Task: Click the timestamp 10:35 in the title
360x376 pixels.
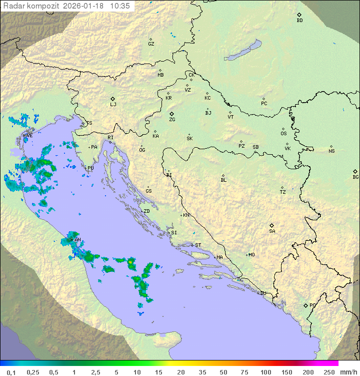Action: pos(120,6)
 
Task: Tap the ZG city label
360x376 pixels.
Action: pos(172,120)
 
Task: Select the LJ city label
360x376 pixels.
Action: pos(113,105)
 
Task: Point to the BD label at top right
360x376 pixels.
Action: pos(299,21)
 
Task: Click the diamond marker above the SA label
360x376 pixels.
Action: pos(272,225)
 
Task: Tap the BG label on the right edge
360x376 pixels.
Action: pos(355,177)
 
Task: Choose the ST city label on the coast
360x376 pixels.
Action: pos(198,245)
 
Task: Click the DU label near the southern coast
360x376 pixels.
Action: pos(263,293)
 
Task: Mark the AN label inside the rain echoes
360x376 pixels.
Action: pos(77,240)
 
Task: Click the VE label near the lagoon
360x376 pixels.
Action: pos(29,136)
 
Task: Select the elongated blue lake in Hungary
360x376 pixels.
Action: pos(243,51)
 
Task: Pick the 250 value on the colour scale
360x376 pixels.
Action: pos(328,372)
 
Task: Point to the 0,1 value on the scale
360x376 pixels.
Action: pos(11,372)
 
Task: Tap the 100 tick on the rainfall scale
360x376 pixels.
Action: pos(265,372)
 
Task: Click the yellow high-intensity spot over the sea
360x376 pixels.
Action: pos(130,261)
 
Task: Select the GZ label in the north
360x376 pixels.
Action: pos(151,44)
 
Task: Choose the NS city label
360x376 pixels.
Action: pos(331,151)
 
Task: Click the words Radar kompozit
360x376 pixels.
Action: pos(25,6)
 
